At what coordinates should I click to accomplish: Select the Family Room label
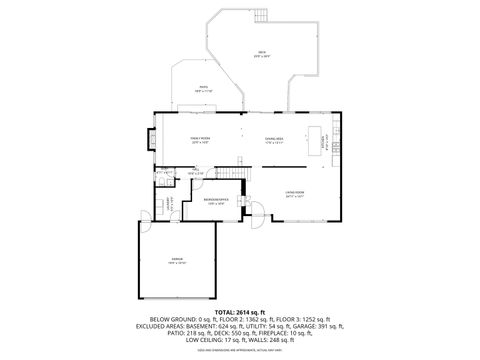[x=200, y=139]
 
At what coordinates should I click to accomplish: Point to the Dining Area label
[x=274, y=139]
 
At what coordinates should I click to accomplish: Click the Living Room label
[x=294, y=192]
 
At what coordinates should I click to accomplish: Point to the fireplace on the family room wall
[x=152, y=139]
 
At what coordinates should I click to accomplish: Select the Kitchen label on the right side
[x=323, y=143]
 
